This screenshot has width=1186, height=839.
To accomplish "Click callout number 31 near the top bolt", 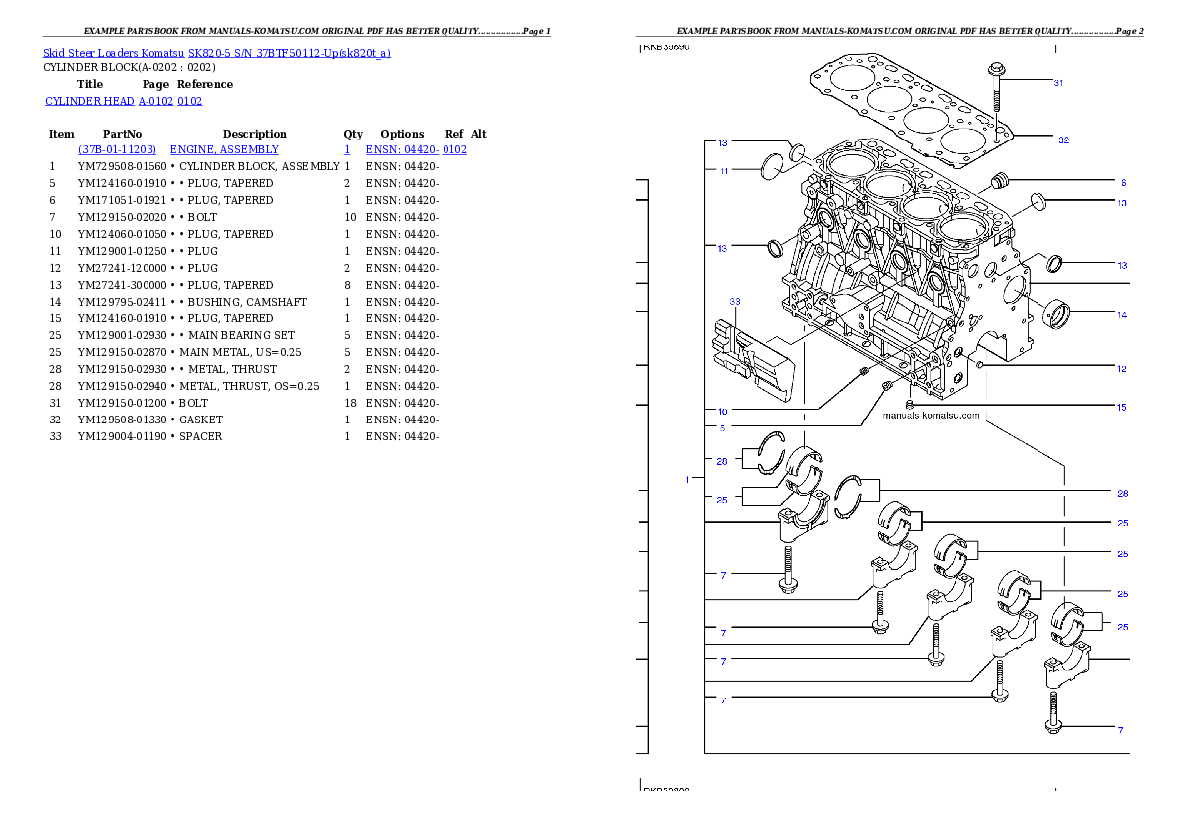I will coord(1058,83).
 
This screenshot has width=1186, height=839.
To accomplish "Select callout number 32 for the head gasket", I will coord(1063,140).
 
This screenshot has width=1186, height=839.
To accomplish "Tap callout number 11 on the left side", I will coord(722,171).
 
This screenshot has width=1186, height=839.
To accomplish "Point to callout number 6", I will coord(1122,183).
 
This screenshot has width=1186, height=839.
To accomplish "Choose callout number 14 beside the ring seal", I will coord(1121,315).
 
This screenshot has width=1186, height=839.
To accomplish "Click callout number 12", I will coord(1121,369).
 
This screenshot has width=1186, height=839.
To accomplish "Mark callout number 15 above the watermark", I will coord(1121,407).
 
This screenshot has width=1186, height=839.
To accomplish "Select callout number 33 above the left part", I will coord(734,301).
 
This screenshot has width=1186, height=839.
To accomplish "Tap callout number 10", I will coord(722,411).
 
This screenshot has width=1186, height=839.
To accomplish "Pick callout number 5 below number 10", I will coord(722,428).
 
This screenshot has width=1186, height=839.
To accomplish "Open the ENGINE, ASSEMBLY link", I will coord(224,149).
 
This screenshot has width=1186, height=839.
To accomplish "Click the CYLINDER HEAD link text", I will coord(125,102).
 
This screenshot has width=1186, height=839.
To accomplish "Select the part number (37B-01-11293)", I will coord(117,149).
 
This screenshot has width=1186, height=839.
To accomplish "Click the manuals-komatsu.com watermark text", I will coord(931,415).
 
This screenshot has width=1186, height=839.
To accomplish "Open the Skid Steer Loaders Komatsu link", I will coord(216,53).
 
